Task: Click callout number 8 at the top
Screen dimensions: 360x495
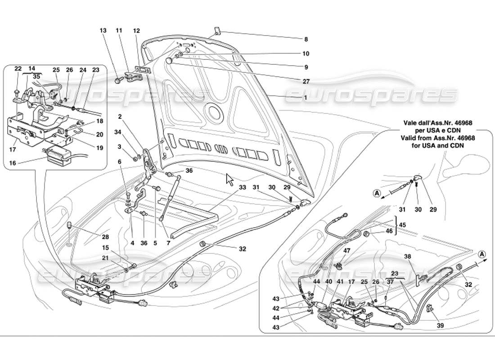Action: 306,39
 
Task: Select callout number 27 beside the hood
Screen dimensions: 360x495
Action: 306,81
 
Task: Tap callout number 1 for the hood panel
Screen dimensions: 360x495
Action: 306,98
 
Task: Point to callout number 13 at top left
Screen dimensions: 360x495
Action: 103,31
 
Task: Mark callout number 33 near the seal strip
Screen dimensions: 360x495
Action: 243,187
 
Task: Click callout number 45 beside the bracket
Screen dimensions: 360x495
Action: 402,225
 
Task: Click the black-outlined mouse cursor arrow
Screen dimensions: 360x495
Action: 229,179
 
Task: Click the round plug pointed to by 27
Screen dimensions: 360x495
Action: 170,61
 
